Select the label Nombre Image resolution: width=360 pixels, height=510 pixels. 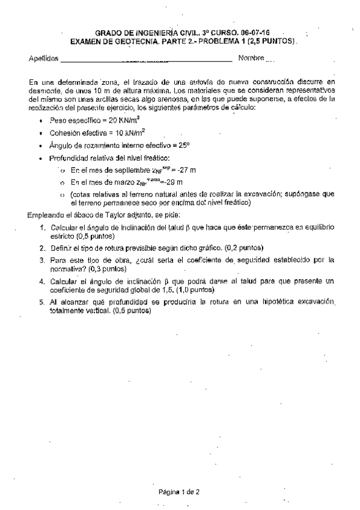pos(251,58)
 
